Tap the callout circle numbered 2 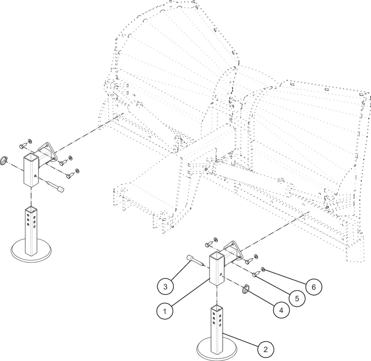[266, 349]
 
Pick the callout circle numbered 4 [281, 310]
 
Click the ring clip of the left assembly [4, 160]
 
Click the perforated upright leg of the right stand [217, 326]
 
